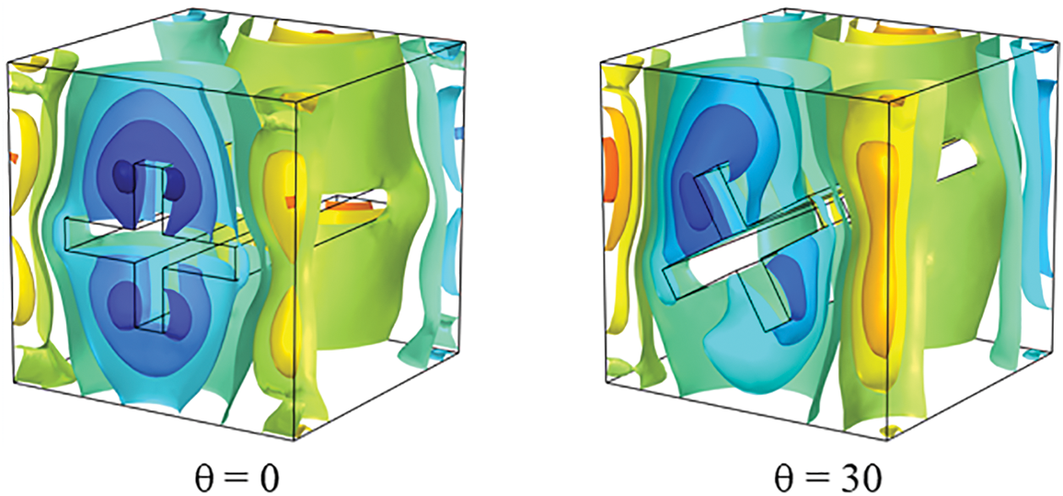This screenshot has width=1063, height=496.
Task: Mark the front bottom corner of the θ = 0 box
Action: (x=295, y=441)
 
